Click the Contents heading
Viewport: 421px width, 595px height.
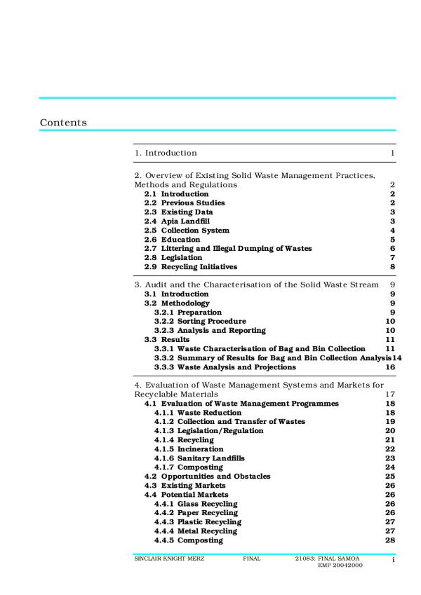tap(63, 123)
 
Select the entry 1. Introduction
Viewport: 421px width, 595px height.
tap(166, 153)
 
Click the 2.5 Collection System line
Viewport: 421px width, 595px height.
tap(187, 230)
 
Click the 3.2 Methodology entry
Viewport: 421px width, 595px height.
tap(177, 303)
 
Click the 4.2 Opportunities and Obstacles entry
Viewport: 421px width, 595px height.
tap(207, 476)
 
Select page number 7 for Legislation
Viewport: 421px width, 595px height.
tap(393, 257)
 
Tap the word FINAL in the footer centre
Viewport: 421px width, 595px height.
tap(252, 559)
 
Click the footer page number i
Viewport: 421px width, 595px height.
tap(394, 560)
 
